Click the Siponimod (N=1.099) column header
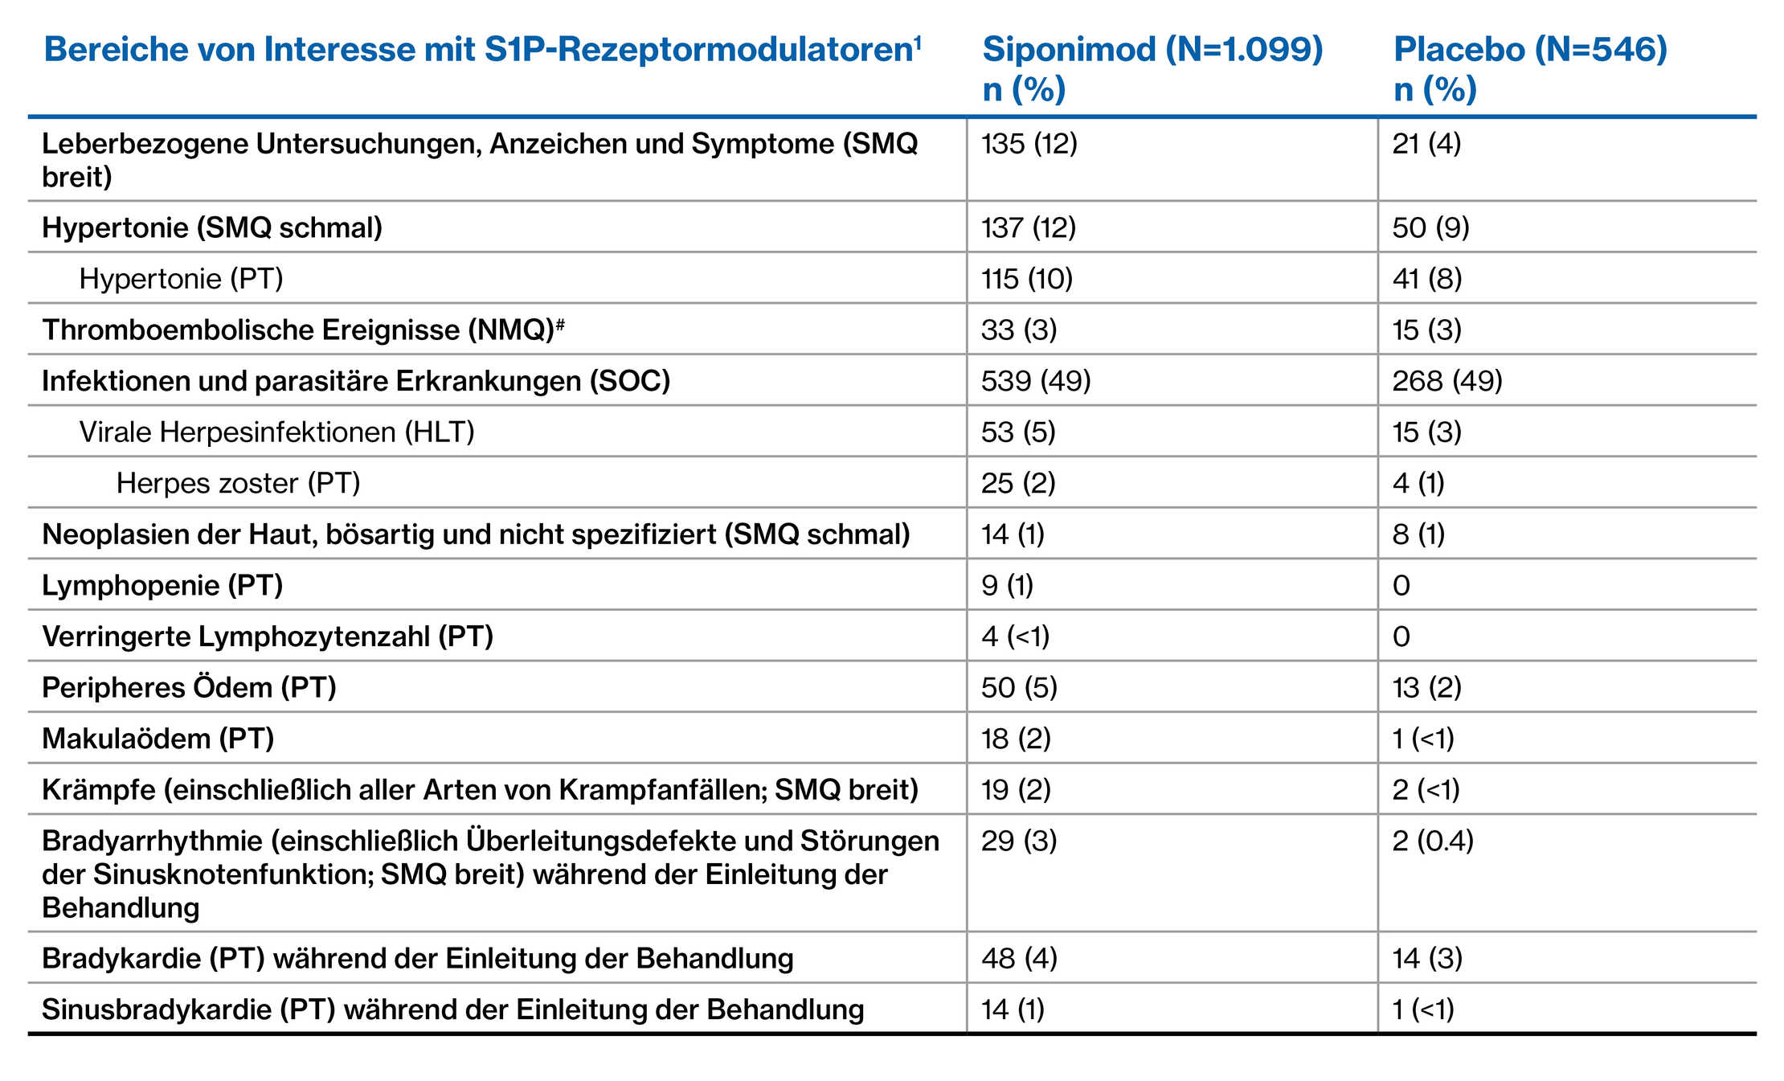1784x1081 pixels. pyautogui.click(x=1152, y=68)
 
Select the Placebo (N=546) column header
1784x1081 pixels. pyautogui.click(x=1530, y=68)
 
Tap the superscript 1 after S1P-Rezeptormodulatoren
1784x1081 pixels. pyautogui.click(x=917, y=40)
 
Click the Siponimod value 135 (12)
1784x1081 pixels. pyautogui.click(x=1029, y=144)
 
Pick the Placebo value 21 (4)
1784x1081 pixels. pyautogui.click(x=1426, y=144)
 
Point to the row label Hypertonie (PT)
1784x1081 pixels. pyautogui.click(x=181, y=279)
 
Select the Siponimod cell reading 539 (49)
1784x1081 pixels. pyautogui.click(x=1036, y=381)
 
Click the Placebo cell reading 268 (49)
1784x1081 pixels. pyautogui.click(x=1447, y=381)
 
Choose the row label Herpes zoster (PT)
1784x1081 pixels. pyautogui.click(x=238, y=483)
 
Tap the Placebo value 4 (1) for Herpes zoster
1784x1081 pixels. pyautogui.click(x=1418, y=483)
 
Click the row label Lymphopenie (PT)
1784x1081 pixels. pyautogui.click(x=162, y=585)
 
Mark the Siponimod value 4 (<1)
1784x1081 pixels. pyautogui.click(x=1015, y=637)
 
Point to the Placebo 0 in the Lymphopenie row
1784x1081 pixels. pyautogui.click(x=1401, y=585)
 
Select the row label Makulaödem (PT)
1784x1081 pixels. pyautogui.click(x=158, y=739)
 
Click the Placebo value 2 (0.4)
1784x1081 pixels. pyautogui.click(x=1433, y=841)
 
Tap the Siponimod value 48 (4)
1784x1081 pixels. pyautogui.click(x=1019, y=958)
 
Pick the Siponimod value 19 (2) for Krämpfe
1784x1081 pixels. pyautogui.click(x=1016, y=790)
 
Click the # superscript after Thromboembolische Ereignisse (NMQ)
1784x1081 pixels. pyautogui.click(x=560, y=323)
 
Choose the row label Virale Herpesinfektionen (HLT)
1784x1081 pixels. pyautogui.click(x=276, y=432)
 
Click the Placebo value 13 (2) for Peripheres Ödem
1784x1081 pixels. pyautogui.click(x=1426, y=688)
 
